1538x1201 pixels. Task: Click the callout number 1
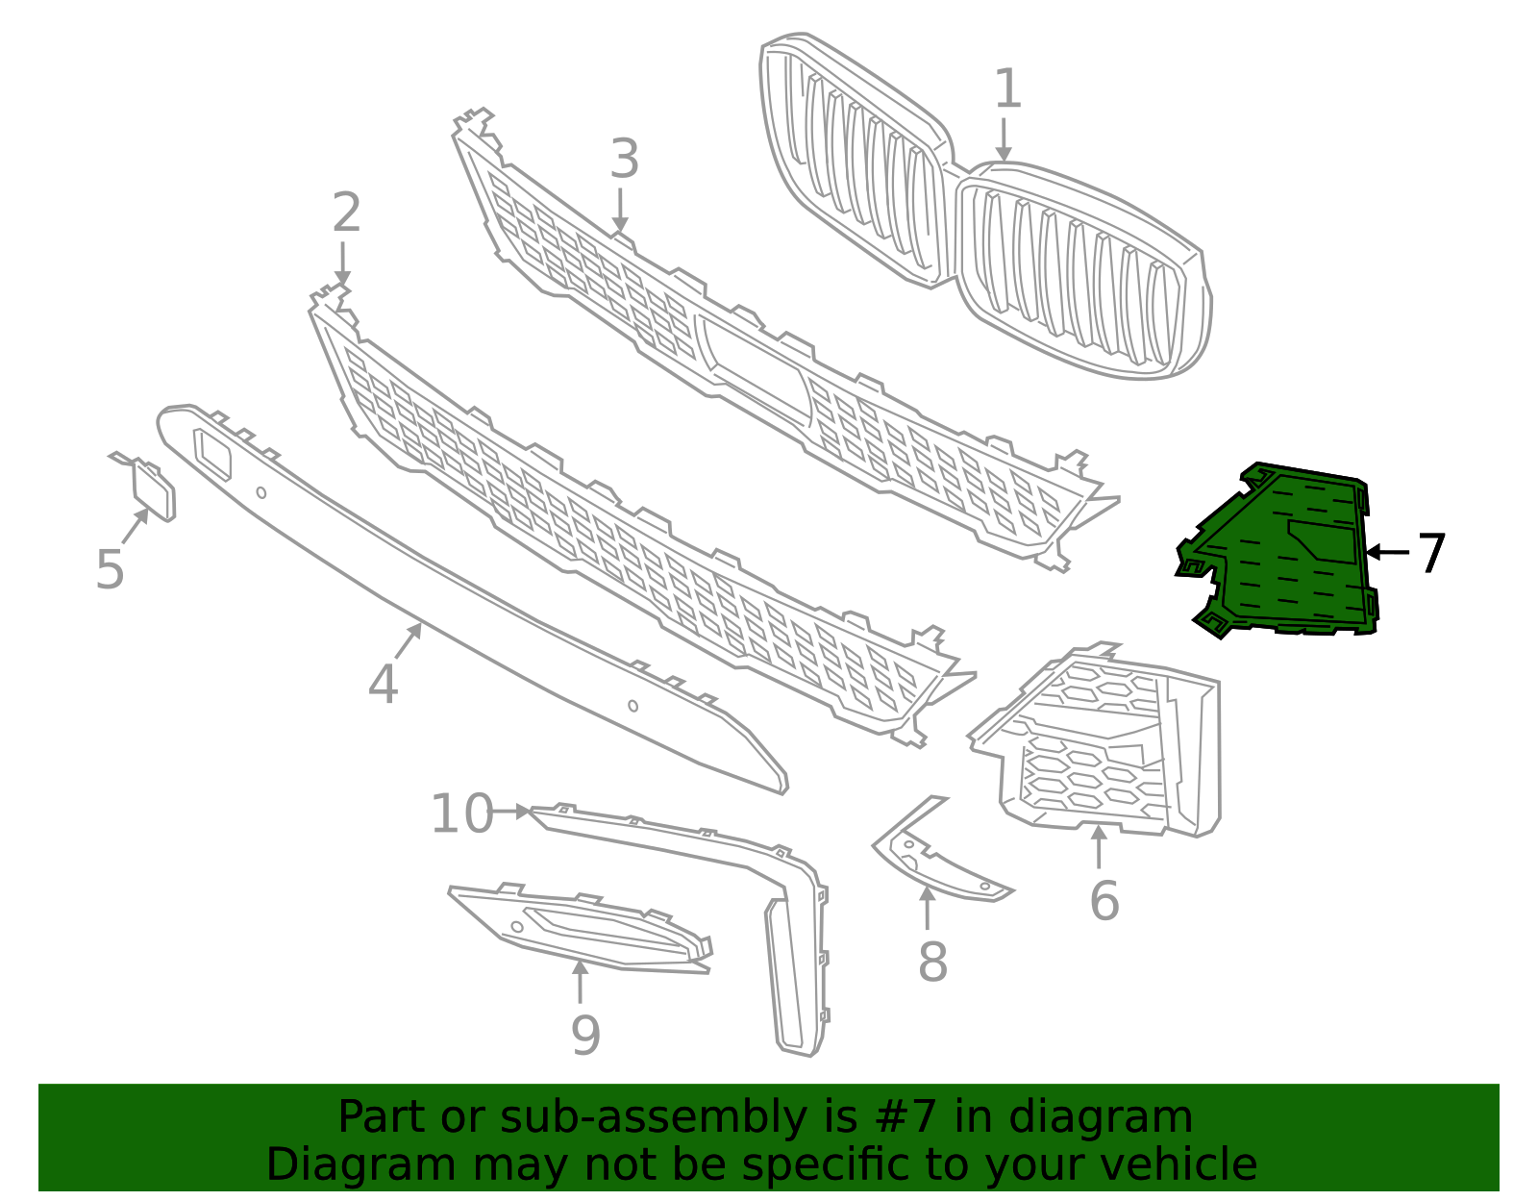coord(1006,89)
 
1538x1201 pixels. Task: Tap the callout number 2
coord(346,213)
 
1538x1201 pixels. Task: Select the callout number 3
coord(624,160)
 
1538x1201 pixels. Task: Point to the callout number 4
coord(383,686)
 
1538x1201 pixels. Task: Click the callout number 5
coord(110,570)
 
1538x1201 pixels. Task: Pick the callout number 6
coord(1104,902)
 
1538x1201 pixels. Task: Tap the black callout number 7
coord(1431,554)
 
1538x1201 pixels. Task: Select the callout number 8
coord(932,963)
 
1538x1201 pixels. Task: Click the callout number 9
coord(585,1036)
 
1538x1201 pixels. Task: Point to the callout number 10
coord(461,814)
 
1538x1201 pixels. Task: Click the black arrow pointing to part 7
coord(1386,552)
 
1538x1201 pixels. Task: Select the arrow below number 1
coord(1004,140)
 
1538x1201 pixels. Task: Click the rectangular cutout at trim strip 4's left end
coord(213,454)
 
